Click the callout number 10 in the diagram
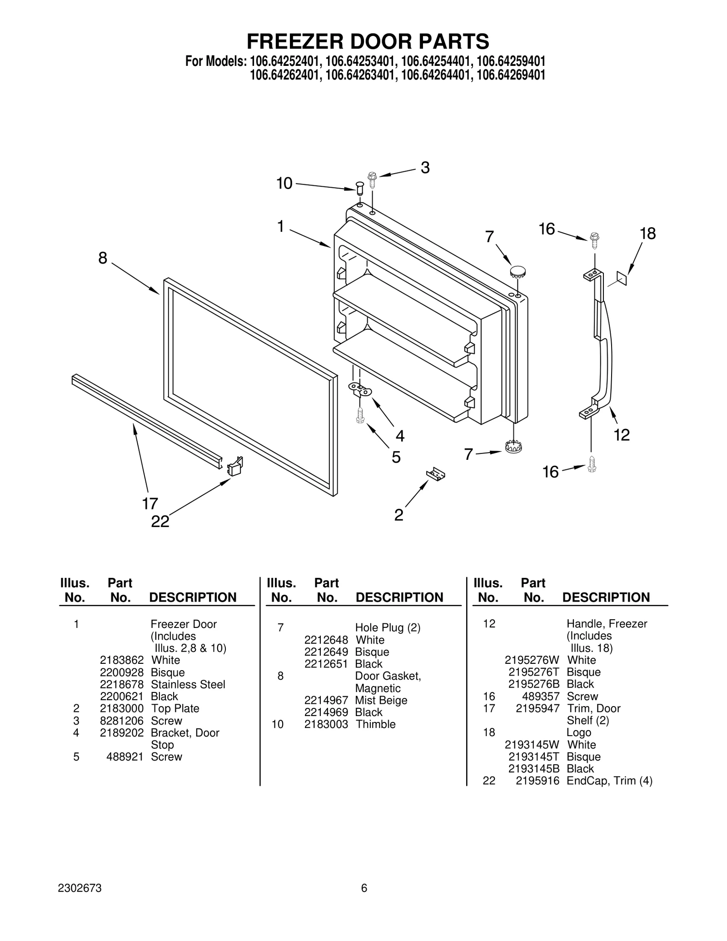(x=284, y=184)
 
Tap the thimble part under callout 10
(x=360, y=188)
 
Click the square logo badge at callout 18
(x=621, y=278)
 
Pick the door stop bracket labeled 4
(x=360, y=389)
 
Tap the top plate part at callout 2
(x=435, y=473)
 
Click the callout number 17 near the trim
(x=150, y=503)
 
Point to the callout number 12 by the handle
(x=622, y=435)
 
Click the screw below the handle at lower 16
(x=592, y=464)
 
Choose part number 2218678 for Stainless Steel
(x=122, y=684)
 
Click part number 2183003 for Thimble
(x=326, y=724)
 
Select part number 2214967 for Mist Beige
(x=326, y=700)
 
